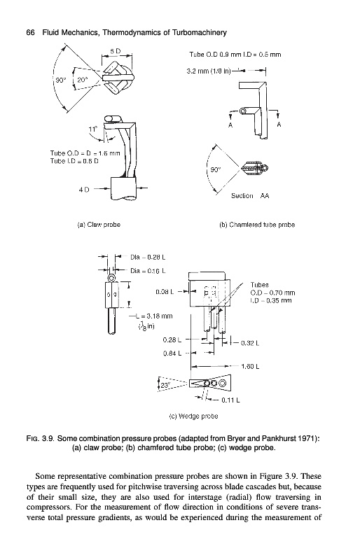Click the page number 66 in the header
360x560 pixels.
[x=31, y=33]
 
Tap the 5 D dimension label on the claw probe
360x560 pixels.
[x=115, y=51]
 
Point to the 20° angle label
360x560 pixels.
[x=82, y=80]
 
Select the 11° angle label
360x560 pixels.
[x=92, y=129]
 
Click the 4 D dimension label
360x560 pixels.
[x=84, y=189]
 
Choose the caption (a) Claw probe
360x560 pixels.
[x=99, y=225]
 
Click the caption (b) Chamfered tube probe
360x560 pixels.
[x=256, y=225]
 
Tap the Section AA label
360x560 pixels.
[x=250, y=196]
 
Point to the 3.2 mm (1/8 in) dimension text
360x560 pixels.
[x=209, y=71]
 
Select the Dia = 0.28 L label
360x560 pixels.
[x=148, y=257]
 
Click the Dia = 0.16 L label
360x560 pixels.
[x=148, y=271]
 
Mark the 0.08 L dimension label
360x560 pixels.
[x=165, y=292]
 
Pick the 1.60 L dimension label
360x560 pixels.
[x=250, y=366]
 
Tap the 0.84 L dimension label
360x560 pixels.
[x=172, y=353]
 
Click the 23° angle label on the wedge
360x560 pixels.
[x=165, y=386]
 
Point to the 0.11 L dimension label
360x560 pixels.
[x=230, y=400]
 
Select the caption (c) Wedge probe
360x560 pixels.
[x=193, y=416]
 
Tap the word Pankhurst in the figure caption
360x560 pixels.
[x=280, y=438]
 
